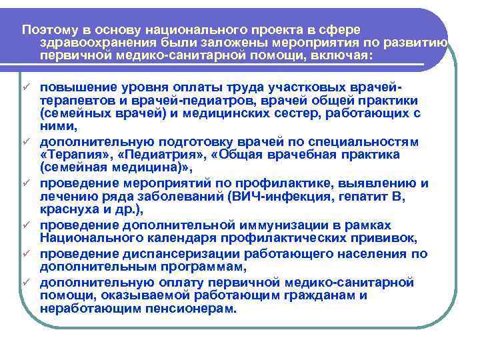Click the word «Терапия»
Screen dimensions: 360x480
(69, 155)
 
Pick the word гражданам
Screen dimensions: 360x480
(308, 296)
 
